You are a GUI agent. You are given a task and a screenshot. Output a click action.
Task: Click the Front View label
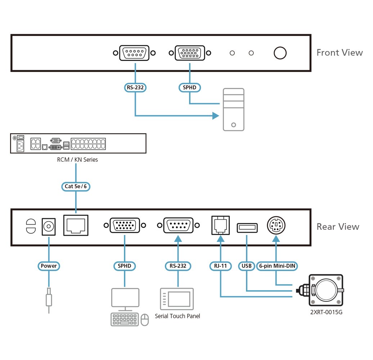[340, 53]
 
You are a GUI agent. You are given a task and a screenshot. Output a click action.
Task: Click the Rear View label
[338, 227]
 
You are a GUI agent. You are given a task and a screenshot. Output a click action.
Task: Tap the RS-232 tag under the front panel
[135, 87]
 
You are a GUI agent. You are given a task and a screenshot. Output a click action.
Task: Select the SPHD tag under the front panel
[189, 87]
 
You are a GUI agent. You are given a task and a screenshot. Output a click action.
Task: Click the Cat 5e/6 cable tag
[76, 186]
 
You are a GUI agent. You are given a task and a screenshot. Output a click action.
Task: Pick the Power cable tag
[49, 266]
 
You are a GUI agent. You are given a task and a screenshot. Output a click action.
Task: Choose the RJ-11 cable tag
[220, 266]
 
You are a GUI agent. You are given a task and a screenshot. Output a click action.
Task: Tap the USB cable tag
[247, 266]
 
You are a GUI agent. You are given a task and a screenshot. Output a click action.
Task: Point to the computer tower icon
[233, 109]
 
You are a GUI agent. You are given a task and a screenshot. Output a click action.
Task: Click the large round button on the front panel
[280, 53]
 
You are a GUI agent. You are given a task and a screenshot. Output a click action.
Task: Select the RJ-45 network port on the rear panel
[76, 225]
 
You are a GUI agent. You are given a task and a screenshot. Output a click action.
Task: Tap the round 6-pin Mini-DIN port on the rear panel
[276, 226]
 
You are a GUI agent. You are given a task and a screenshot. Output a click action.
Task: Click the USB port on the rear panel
[247, 228]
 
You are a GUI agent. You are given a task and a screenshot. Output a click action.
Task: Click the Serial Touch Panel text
[177, 316]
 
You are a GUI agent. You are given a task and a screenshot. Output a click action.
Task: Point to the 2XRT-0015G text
[326, 312]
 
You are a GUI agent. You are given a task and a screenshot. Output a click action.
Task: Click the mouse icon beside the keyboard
[144, 319]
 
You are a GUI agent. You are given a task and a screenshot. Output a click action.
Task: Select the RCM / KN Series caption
[77, 159]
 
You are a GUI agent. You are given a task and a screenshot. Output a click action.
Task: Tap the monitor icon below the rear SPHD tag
[125, 298]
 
